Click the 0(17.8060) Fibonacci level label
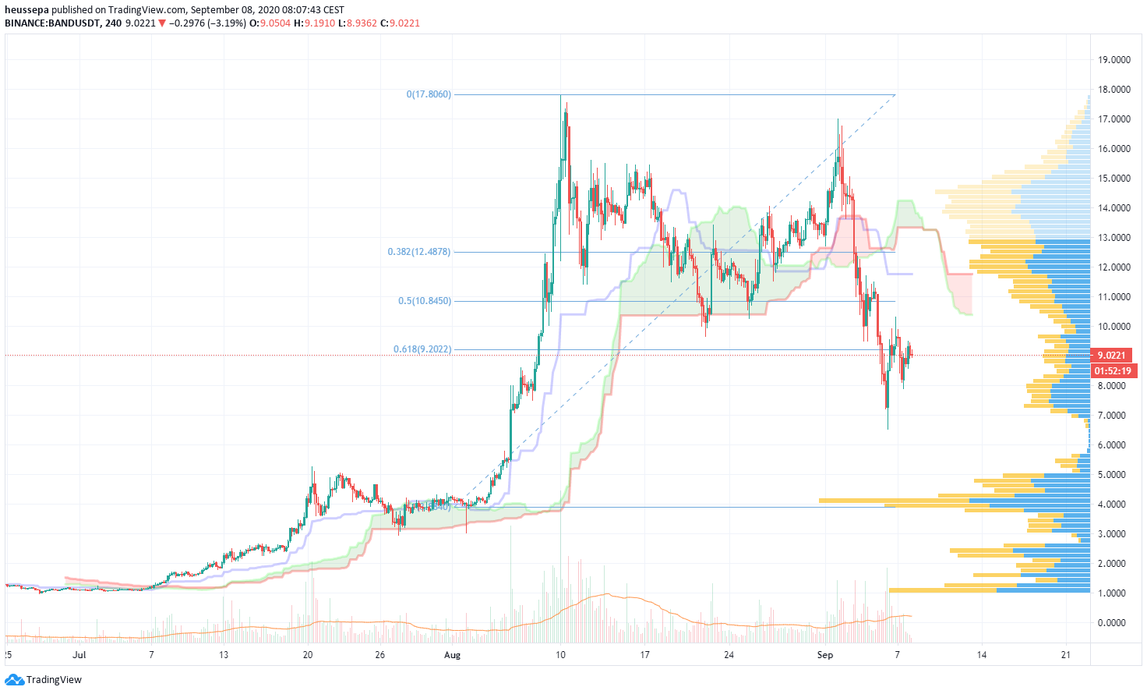[x=429, y=94]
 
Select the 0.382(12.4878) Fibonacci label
[x=419, y=252]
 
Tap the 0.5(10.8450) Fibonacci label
[x=425, y=301]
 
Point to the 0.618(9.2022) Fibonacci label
[x=422, y=349]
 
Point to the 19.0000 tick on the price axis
[x=1114, y=60]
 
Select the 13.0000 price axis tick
[x=1114, y=238]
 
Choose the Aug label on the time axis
[x=452, y=655]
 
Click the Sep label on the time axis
[x=825, y=655]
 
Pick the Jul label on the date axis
[x=79, y=655]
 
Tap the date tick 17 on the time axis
[x=644, y=655]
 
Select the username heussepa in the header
[x=27, y=10]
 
